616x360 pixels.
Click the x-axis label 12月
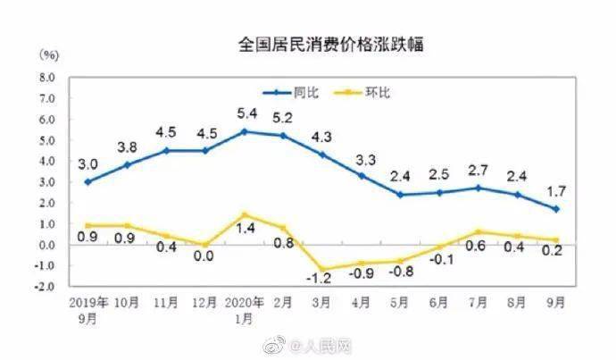[205, 302]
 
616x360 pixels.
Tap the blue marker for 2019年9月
[87, 181]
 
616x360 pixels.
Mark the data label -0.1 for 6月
[439, 261]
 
